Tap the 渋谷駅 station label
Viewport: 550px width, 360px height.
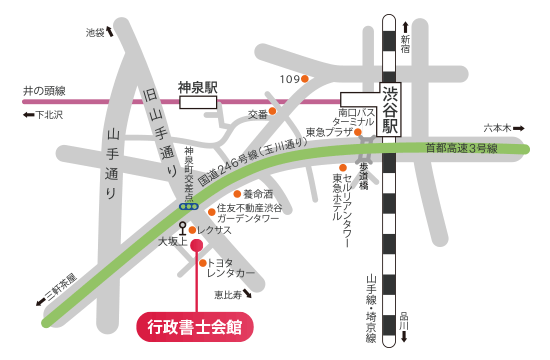[x=391, y=109]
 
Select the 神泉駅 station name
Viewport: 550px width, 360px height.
[x=197, y=87]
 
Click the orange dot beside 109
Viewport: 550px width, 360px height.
[x=309, y=79]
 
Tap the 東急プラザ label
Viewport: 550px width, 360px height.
[x=330, y=131]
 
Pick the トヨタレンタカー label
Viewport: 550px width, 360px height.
[x=232, y=268]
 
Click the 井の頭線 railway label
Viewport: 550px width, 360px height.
[x=44, y=89]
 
